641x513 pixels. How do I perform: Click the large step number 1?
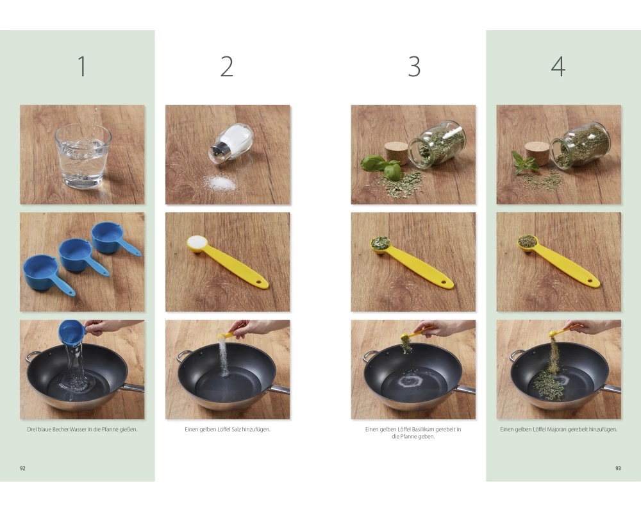click(x=82, y=66)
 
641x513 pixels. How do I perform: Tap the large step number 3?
click(x=414, y=67)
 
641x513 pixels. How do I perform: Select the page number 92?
click(x=22, y=468)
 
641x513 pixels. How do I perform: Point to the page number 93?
click(x=618, y=468)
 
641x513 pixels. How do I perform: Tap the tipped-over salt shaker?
click(x=231, y=144)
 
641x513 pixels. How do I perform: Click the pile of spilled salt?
click(x=221, y=183)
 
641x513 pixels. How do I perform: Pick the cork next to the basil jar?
click(x=396, y=153)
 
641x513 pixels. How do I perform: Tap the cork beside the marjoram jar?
click(x=537, y=153)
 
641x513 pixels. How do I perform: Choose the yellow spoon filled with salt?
click(x=228, y=262)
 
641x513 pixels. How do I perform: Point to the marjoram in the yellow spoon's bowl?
click(x=528, y=241)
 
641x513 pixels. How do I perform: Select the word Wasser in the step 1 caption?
click(x=78, y=430)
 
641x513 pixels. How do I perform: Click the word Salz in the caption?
click(x=236, y=430)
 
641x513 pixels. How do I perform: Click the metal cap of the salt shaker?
click(x=218, y=153)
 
